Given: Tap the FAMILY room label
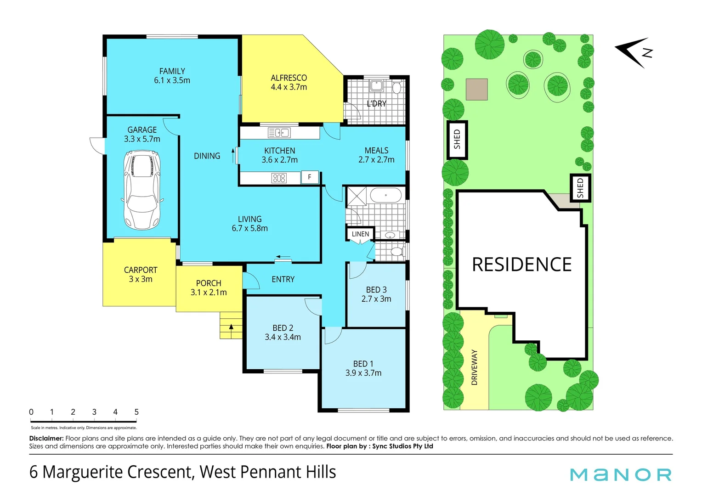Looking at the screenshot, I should (x=172, y=76).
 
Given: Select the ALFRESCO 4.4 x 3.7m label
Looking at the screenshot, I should (x=289, y=83).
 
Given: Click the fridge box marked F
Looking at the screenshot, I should (x=310, y=177).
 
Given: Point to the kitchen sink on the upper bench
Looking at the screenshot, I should (x=279, y=133).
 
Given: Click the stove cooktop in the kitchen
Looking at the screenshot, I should (x=279, y=178).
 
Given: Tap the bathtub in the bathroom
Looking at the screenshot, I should (x=385, y=195).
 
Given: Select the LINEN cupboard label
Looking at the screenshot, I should (x=360, y=234).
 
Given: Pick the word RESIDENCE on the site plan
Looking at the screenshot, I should (x=522, y=265).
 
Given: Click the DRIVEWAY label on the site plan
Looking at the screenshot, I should (x=475, y=367).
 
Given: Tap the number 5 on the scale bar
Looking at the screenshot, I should (x=136, y=412).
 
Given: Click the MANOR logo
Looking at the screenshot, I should (x=621, y=474).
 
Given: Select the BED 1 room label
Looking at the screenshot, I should (x=363, y=368).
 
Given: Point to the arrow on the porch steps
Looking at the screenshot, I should (x=231, y=327).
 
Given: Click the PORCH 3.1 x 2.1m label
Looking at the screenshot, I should (x=209, y=288).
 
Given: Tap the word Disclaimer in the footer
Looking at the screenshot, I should (x=46, y=439).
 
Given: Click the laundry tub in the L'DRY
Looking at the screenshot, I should (x=377, y=86).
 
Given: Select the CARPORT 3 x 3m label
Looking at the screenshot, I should (x=141, y=275).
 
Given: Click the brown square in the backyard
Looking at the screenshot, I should (x=476, y=89).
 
